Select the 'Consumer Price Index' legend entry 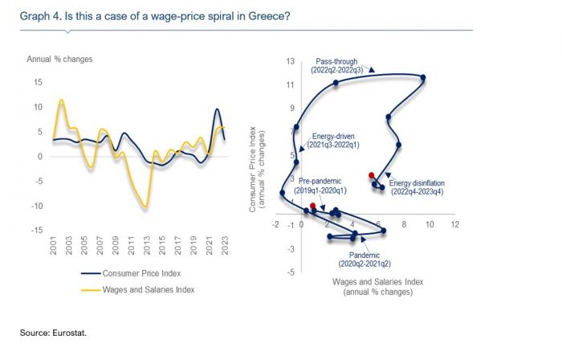[141, 273]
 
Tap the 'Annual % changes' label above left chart [59, 59]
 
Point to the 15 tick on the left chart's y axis [38, 82]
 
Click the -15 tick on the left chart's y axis [36, 231]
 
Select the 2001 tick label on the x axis [54, 246]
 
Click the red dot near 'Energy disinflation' [371, 175]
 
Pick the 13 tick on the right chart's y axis [291, 60]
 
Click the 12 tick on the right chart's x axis [454, 224]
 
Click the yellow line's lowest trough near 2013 [145, 207]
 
